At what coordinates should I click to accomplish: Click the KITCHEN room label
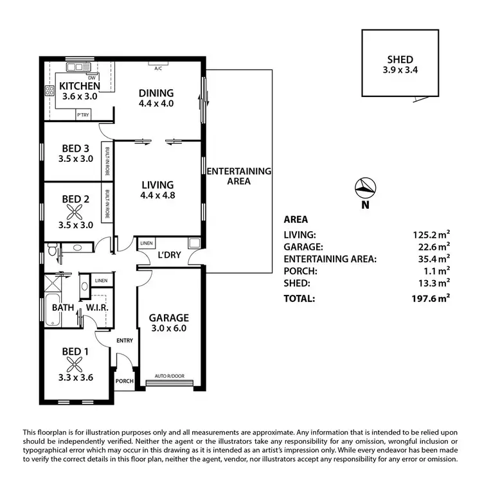pyautogui.click(x=79, y=85)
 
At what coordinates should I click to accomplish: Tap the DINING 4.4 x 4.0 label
pyautogui.click(x=157, y=97)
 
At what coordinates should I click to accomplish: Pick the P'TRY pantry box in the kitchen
pyautogui.click(x=83, y=114)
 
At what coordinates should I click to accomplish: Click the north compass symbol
pyautogui.click(x=365, y=188)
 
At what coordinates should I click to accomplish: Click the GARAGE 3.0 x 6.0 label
pyautogui.click(x=168, y=322)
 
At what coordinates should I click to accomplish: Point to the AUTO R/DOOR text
pyautogui.click(x=168, y=376)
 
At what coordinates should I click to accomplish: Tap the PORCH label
pyautogui.click(x=124, y=380)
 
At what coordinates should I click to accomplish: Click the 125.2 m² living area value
pyautogui.click(x=430, y=234)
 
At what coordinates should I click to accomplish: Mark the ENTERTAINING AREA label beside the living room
pyautogui.click(x=238, y=176)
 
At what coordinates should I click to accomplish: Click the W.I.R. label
pyautogui.click(x=96, y=307)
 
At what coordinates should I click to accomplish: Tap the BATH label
pyautogui.click(x=63, y=307)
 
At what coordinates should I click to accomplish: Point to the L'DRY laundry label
pyautogui.click(x=168, y=256)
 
